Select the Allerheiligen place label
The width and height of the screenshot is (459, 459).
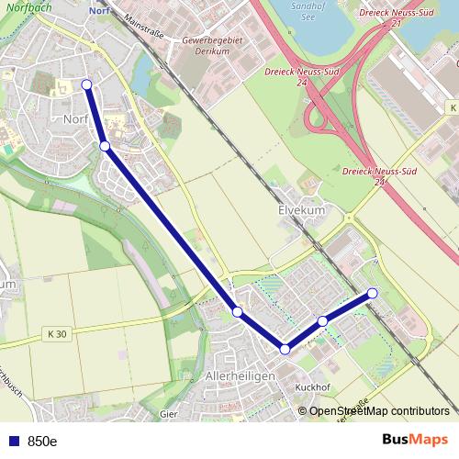(x=241, y=377)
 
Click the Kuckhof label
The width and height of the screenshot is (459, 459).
(x=312, y=386)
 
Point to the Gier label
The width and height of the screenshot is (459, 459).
(x=168, y=414)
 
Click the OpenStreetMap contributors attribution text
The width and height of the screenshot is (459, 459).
(x=379, y=411)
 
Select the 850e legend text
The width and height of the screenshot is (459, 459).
(x=42, y=442)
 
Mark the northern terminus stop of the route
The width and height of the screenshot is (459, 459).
(x=87, y=84)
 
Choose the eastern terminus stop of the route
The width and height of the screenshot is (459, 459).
(x=373, y=293)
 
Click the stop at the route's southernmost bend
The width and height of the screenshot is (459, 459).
(x=285, y=349)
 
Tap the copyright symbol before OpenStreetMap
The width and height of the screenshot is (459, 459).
(x=303, y=411)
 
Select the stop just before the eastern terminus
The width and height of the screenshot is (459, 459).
(x=323, y=320)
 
